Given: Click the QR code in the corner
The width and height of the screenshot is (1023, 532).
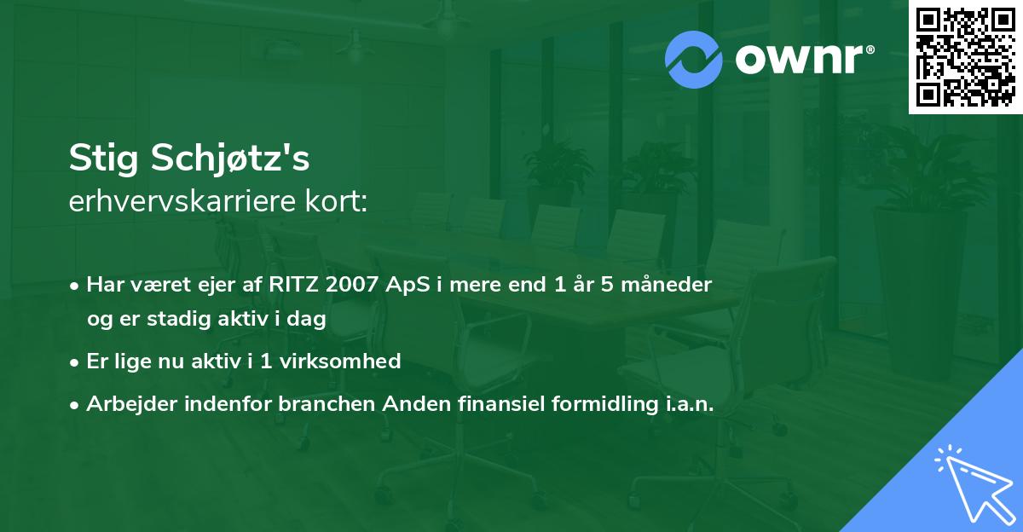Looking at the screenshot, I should point(965,57).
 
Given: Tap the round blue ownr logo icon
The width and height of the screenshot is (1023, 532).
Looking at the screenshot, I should point(694,60).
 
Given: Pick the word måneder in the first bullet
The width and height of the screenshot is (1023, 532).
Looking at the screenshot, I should point(671,285).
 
